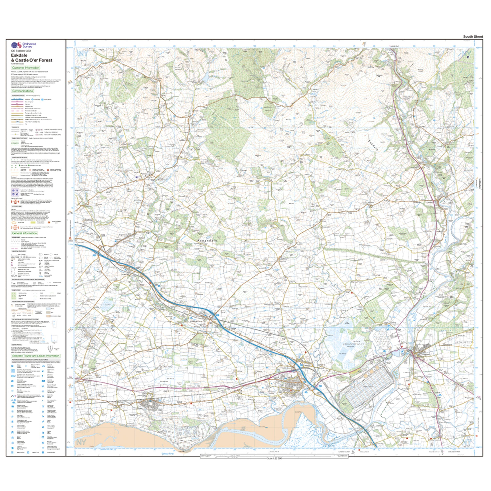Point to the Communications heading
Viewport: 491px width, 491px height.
[x=22, y=91]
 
